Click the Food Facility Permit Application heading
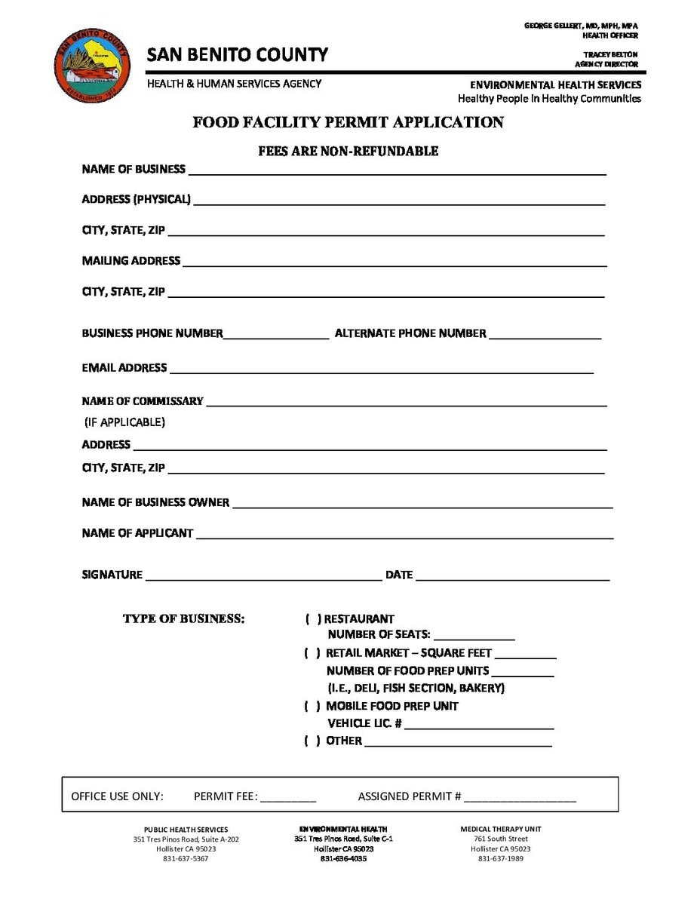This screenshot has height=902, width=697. click(348, 122)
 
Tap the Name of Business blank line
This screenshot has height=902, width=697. click(397, 171)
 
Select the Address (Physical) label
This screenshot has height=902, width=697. click(136, 200)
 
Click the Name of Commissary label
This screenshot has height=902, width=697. click(143, 401)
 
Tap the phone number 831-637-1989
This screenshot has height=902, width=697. click(500, 859)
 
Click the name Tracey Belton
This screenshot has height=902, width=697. click(610, 55)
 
